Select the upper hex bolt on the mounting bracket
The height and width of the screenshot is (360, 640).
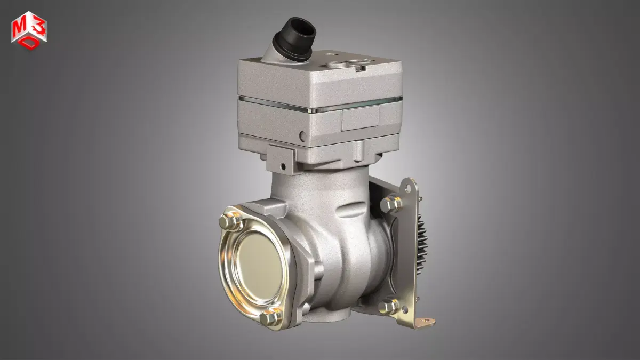pyautogui.click(x=391, y=204)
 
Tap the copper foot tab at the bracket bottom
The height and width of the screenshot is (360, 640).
pyautogui.click(x=425, y=322)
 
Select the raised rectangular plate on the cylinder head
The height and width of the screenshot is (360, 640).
pyautogui.click(x=361, y=117)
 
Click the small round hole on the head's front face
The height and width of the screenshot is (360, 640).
pyautogui.click(x=302, y=135)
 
